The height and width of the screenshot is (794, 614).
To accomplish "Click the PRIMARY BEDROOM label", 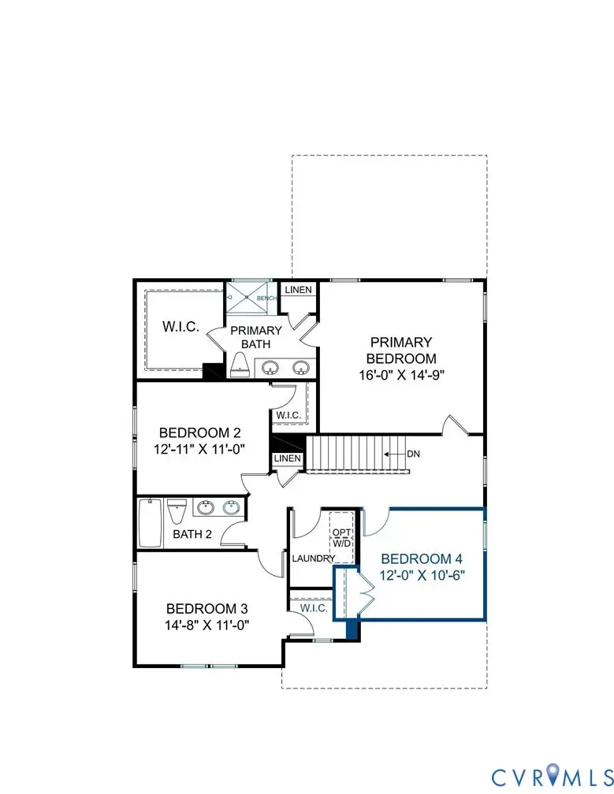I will click(x=401, y=350).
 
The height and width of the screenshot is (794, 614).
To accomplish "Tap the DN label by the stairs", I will click(x=413, y=455).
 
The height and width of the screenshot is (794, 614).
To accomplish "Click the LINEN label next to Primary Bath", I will click(x=298, y=290).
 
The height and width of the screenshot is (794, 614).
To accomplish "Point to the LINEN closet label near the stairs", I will click(x=287, y=458).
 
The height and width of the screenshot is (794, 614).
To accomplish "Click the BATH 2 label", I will click(x=192, y=535).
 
